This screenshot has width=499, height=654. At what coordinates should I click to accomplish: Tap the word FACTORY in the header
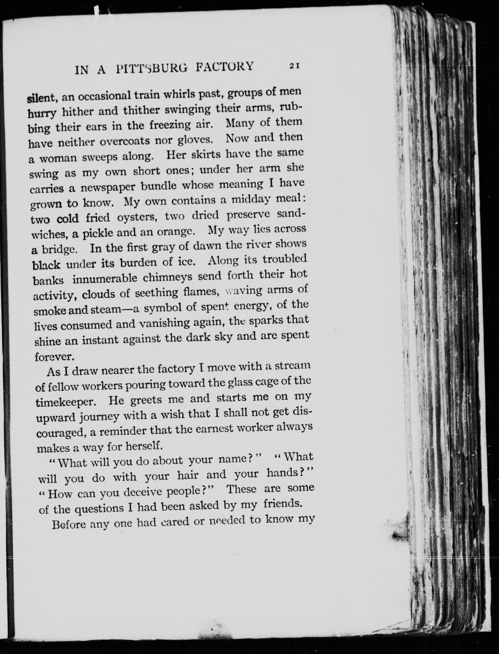coord(225,66)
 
